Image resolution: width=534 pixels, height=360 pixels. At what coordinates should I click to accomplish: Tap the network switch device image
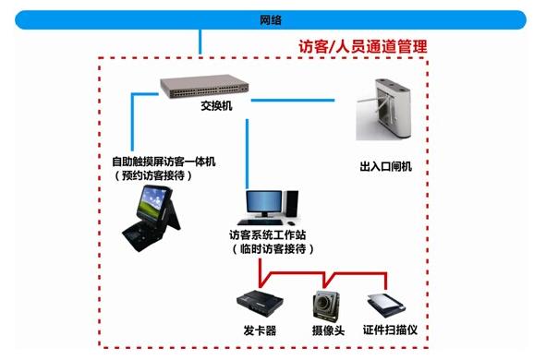pos(205,88)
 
